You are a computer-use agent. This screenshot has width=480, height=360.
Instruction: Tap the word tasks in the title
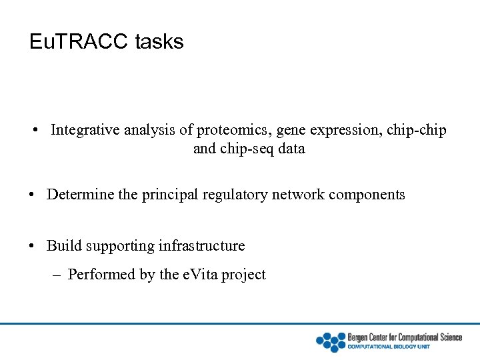159,42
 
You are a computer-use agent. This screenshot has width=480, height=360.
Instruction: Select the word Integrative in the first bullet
85,129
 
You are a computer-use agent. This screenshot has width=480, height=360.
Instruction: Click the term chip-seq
244,149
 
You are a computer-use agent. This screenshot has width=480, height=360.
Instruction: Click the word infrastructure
201,246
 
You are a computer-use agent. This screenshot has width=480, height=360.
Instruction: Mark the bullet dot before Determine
33,195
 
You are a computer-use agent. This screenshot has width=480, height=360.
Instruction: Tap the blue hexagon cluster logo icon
330,341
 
